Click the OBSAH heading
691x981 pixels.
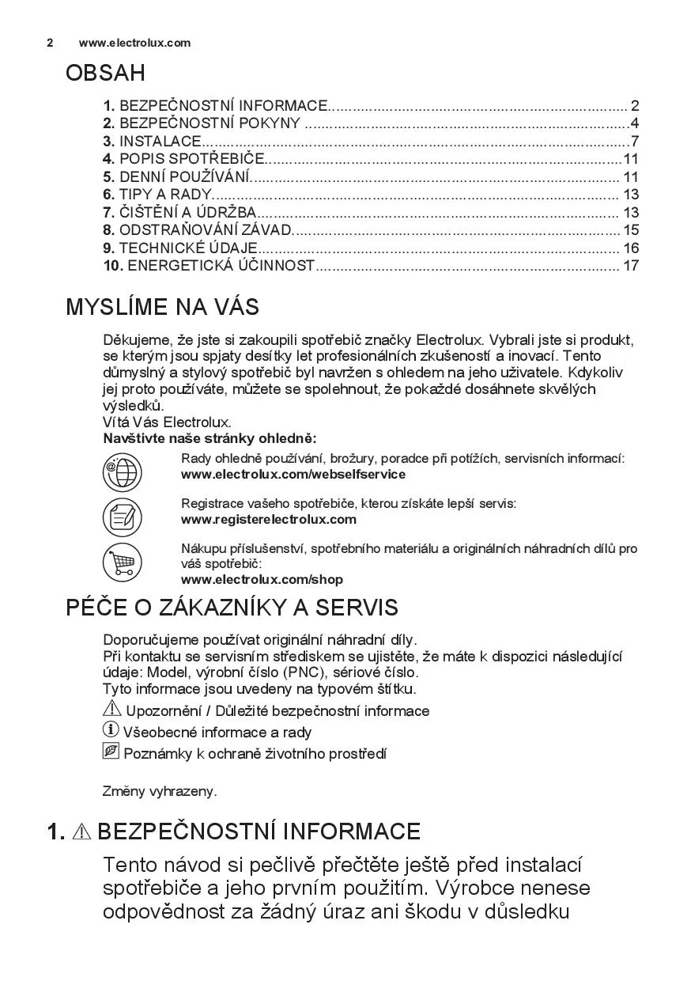105,74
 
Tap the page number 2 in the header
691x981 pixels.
50,43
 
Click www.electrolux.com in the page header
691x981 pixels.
134,43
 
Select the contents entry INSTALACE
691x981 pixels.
160,142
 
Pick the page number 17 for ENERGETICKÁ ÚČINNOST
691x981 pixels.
630,266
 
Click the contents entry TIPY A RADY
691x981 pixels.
165,195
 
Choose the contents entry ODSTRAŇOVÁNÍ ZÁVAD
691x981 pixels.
206,230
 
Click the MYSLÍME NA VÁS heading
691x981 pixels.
162,307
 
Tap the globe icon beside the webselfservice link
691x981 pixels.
122,472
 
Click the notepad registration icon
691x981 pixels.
122,517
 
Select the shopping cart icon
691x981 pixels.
122,562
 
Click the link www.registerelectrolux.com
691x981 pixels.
269,520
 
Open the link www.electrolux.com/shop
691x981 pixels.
262,580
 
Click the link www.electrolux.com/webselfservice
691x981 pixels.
293,475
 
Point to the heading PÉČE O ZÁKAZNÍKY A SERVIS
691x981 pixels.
232,608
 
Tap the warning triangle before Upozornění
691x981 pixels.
111,710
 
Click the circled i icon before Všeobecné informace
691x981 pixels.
111,730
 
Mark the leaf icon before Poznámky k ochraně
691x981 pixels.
111,752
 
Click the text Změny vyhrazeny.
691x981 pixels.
160,791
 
